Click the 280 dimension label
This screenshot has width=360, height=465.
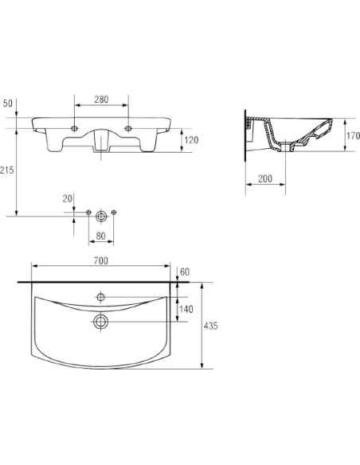coord(101,100)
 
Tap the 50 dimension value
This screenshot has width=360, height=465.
coord(8,104)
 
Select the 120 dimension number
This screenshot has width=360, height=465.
coord(191,140)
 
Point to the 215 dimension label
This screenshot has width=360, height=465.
coord(6,170)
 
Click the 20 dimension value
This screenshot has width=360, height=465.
coord(68,199)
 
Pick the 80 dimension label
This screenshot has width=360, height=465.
coord(101,236)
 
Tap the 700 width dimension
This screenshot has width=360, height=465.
coord(101,261)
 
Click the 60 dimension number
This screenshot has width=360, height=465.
coord(185,272)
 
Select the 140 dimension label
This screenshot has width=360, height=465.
coord(186,309)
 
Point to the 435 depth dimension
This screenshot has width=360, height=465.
coord(210,326)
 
